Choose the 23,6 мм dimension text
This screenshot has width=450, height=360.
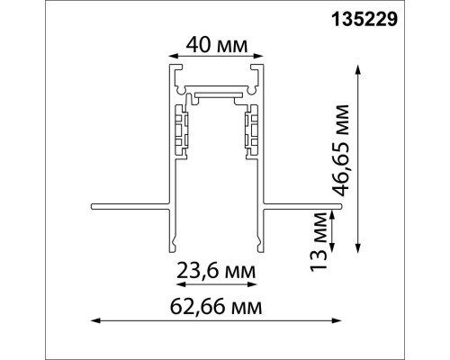pyautogui.click(x=216, y=270)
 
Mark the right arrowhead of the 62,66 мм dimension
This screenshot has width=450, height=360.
pyautogui.click(x=340, y=319)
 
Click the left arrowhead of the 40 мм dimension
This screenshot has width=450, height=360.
pyautogui.click(x=166, y=55)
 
